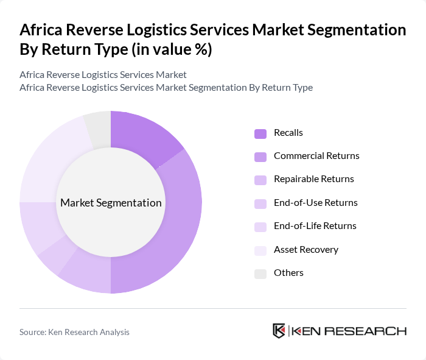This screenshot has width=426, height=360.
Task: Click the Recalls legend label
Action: coord(288,132)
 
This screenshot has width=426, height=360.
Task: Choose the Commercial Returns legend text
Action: coord(316,155)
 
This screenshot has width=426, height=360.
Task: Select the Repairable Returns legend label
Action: coord(313,178)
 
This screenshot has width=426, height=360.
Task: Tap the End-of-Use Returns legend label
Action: coord(315,202)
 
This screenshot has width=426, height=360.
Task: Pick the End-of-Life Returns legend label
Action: coord(315,225)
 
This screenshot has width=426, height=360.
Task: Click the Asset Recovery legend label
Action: coord(306,249)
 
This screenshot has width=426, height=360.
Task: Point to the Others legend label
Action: coord(288,272)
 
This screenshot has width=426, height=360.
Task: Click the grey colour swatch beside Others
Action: coord(260,273)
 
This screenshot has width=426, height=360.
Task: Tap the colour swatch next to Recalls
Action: coord(260,133)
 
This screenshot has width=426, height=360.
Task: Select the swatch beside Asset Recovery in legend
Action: coord(260,250)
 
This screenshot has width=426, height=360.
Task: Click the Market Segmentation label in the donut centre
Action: coord(111,203)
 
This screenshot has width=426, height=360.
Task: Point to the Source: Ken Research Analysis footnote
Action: coord(74,332)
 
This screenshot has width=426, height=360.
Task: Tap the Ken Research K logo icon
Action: coord(279,331)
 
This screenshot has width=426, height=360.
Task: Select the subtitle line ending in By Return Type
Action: coord(166,87)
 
